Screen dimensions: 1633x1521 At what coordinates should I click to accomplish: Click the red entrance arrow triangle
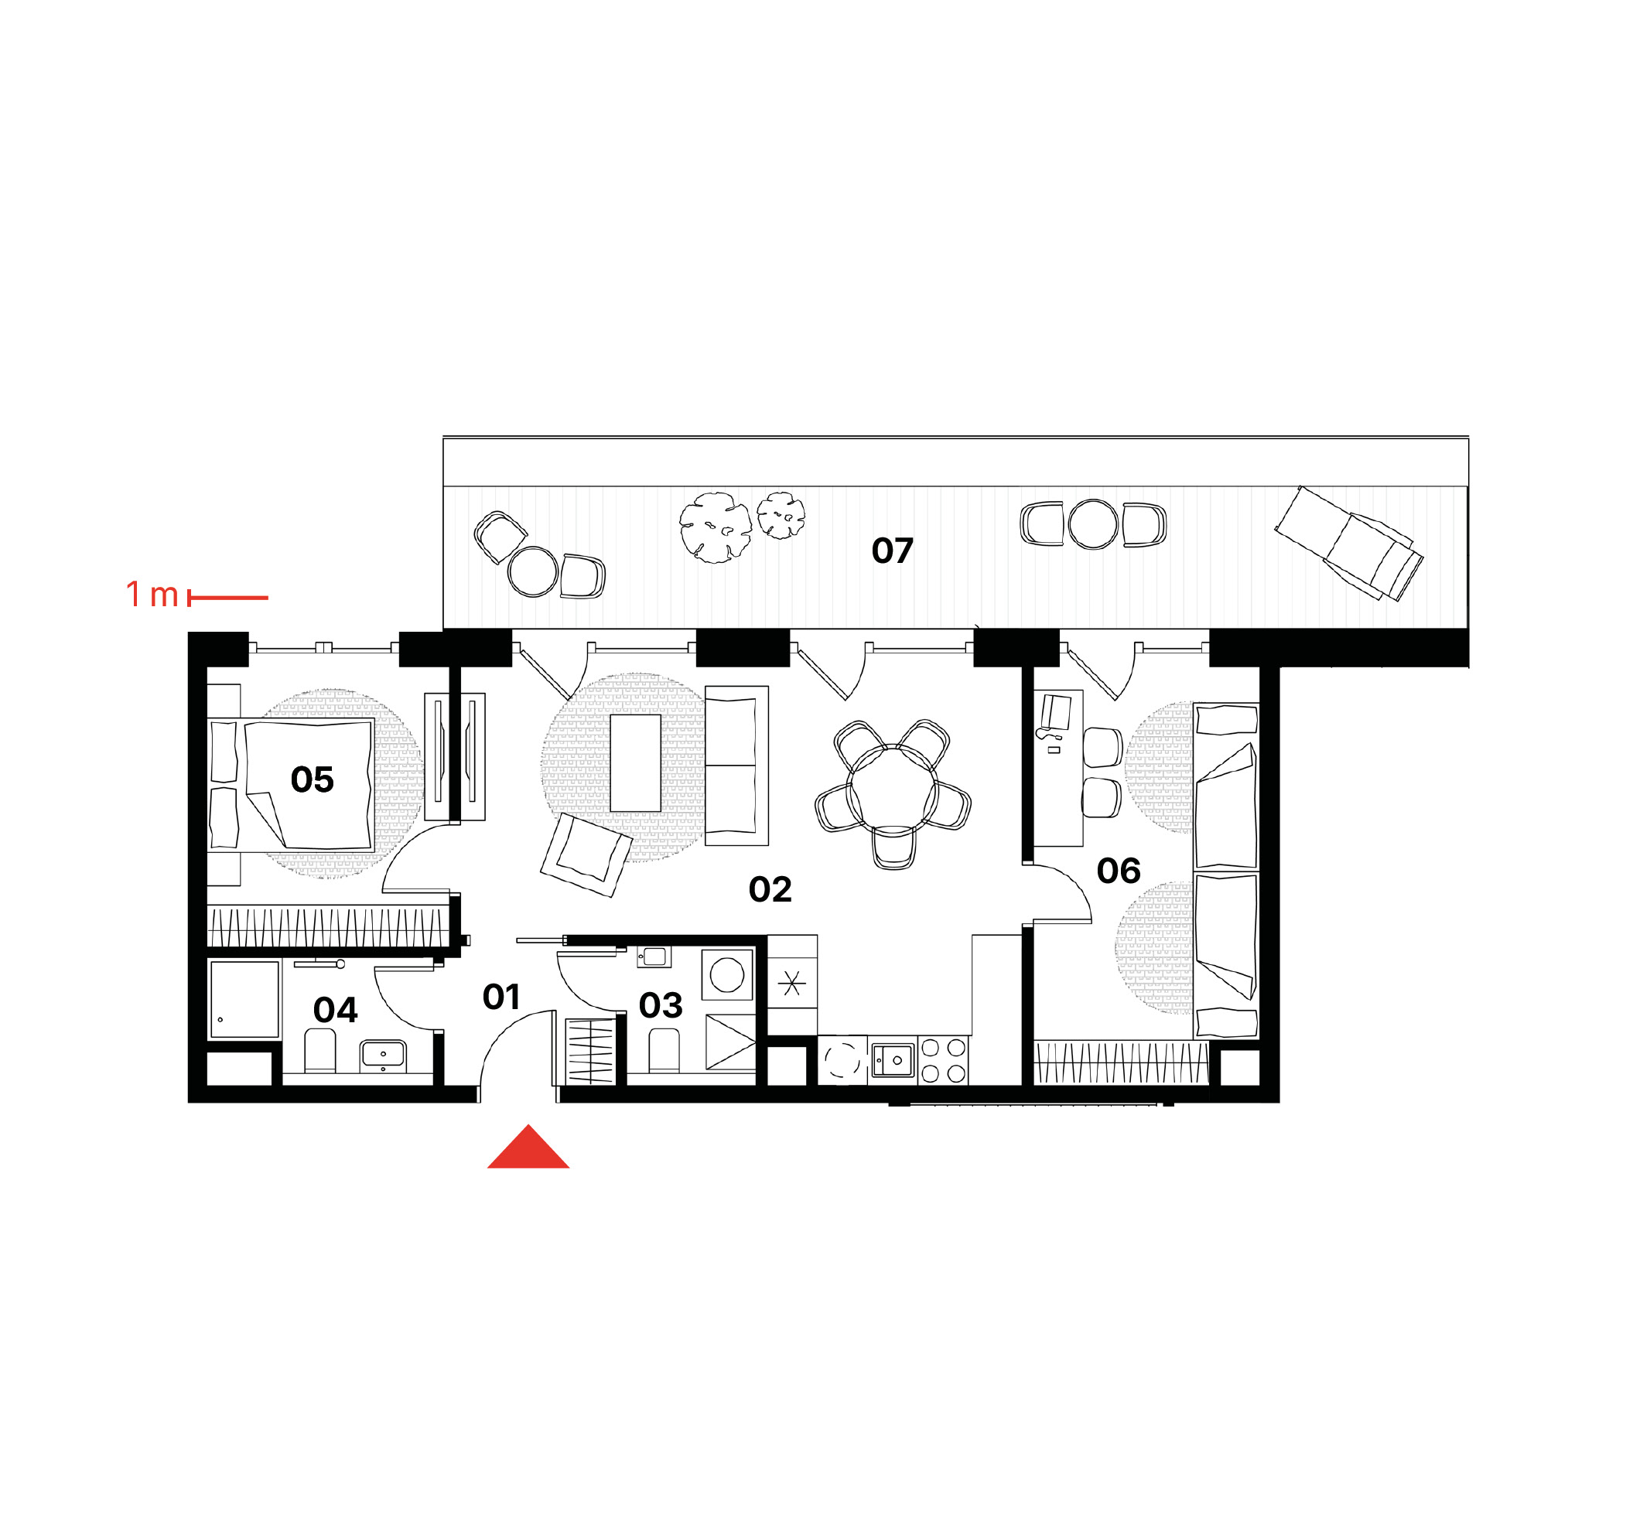(528, 1148)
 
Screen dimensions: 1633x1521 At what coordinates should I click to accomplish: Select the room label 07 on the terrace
(892, 551)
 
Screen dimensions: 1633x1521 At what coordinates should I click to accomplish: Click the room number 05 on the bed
(313, 779)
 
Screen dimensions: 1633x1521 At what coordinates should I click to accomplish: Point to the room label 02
(770, 889)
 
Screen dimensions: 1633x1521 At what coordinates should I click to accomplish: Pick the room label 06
(1118, 871)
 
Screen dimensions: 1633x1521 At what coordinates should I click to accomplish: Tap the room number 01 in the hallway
(501, 997)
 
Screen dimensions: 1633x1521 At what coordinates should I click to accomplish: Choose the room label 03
(661, 1005)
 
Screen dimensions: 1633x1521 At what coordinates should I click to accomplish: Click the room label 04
(335, 1010)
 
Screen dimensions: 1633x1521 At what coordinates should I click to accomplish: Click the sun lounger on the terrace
(1349, 543)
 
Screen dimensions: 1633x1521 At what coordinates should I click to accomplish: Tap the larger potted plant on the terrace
(716, 527)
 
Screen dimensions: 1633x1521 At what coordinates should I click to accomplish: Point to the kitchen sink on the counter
(893, 1060)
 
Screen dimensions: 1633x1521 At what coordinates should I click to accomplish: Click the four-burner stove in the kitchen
(944, 1060)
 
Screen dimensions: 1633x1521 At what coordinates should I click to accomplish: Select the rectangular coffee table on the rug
(635, 763)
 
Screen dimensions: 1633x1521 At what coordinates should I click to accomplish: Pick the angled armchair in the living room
(586, 854)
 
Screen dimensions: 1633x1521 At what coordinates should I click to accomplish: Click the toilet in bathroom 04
(319, 1050)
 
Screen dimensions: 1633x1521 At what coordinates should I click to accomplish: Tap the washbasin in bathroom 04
(382, 1055)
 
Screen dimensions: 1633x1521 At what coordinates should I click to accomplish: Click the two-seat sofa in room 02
(736, 766)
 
